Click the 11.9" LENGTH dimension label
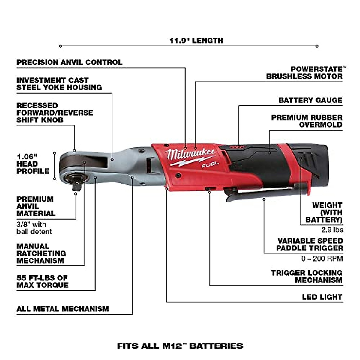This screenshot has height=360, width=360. coord(196,40)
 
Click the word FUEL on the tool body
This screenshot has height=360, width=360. coord(210,164)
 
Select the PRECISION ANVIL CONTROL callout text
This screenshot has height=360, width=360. coord(70,62)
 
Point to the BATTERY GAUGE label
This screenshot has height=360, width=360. coord(310,100)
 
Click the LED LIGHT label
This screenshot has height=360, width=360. coord(322,297)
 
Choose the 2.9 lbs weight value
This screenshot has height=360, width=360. coord(332,230)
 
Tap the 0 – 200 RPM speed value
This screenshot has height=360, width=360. coord(322,259)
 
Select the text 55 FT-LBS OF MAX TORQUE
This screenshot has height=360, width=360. coord(42,281)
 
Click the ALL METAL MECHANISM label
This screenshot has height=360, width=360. coord(63,309)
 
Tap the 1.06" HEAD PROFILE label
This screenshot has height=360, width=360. coord(33,164)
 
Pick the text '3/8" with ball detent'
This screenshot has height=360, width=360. coord(34,228)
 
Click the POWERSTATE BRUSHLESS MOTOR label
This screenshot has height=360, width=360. coord(304,73)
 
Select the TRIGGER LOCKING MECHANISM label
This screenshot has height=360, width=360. coord(307,277)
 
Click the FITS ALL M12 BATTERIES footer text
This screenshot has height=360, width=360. coord(180,346)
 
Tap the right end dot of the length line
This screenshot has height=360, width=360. coord(317,46)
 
